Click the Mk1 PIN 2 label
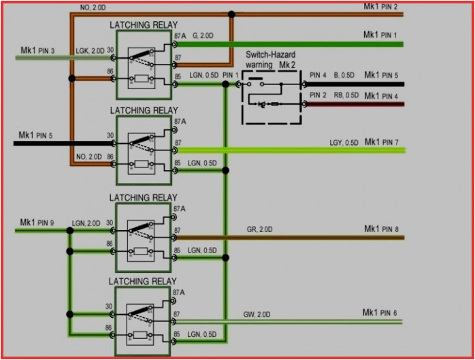coord(389,6)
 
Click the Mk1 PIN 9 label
coord(36,223)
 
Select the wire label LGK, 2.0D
coord(90,50)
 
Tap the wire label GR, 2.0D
coord(259,230)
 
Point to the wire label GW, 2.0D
coord(257,314)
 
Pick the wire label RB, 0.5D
coord(345,95)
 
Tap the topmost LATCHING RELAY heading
coord(144,24)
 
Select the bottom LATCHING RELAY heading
coord(144,281)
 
